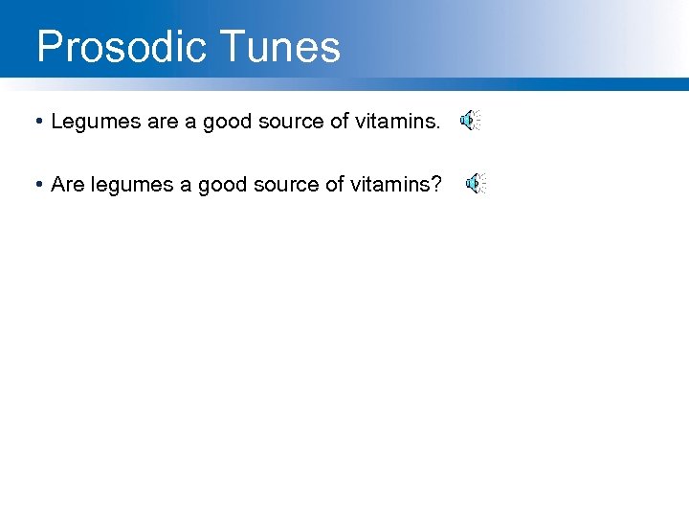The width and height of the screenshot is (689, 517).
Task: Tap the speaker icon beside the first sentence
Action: (x=469, y=121)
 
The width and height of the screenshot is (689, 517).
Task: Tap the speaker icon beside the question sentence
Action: (x=476, y=185)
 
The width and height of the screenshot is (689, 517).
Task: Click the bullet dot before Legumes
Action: (x=35, y=122)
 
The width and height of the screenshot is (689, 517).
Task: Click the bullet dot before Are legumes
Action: (x=35, y=185)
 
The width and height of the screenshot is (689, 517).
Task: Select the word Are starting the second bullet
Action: (x=68, y=185)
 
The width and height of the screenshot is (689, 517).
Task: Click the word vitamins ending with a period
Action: (x=395, y=122)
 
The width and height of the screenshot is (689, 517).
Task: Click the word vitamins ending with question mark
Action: (x=393, y=185)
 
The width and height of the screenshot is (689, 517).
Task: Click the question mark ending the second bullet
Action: (x=436, y=185)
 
